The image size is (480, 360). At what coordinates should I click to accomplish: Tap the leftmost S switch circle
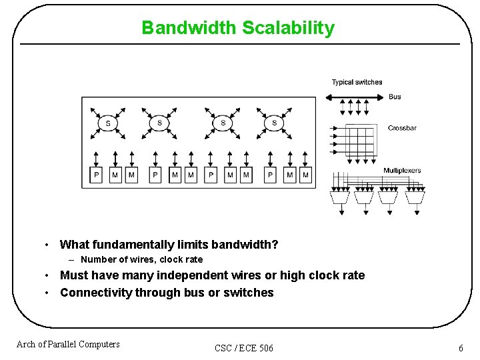pos(108,123)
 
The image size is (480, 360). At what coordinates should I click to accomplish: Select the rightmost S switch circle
pos(274,123)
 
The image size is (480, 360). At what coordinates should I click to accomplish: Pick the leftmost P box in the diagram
pos(97,175)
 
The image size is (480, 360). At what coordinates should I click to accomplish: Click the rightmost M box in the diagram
pos(306,175)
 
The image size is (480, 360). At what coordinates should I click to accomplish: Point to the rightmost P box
pos(270,175)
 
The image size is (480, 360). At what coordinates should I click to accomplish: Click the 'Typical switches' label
pos(357,82)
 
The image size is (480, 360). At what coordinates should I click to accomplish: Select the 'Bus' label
pos(395,97)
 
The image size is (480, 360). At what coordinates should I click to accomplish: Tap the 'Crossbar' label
pos(402,128)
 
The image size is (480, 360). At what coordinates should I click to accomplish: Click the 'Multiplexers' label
pos(402,171)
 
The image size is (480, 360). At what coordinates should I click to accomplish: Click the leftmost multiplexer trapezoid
pos(341,197)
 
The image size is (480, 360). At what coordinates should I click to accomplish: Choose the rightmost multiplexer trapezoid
pos(415,197)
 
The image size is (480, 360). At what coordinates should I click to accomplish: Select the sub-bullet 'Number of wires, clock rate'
pos(141,259)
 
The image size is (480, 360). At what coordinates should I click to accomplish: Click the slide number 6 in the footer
pos(461,348)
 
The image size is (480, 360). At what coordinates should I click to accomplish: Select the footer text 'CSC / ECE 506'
pos(244,348)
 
